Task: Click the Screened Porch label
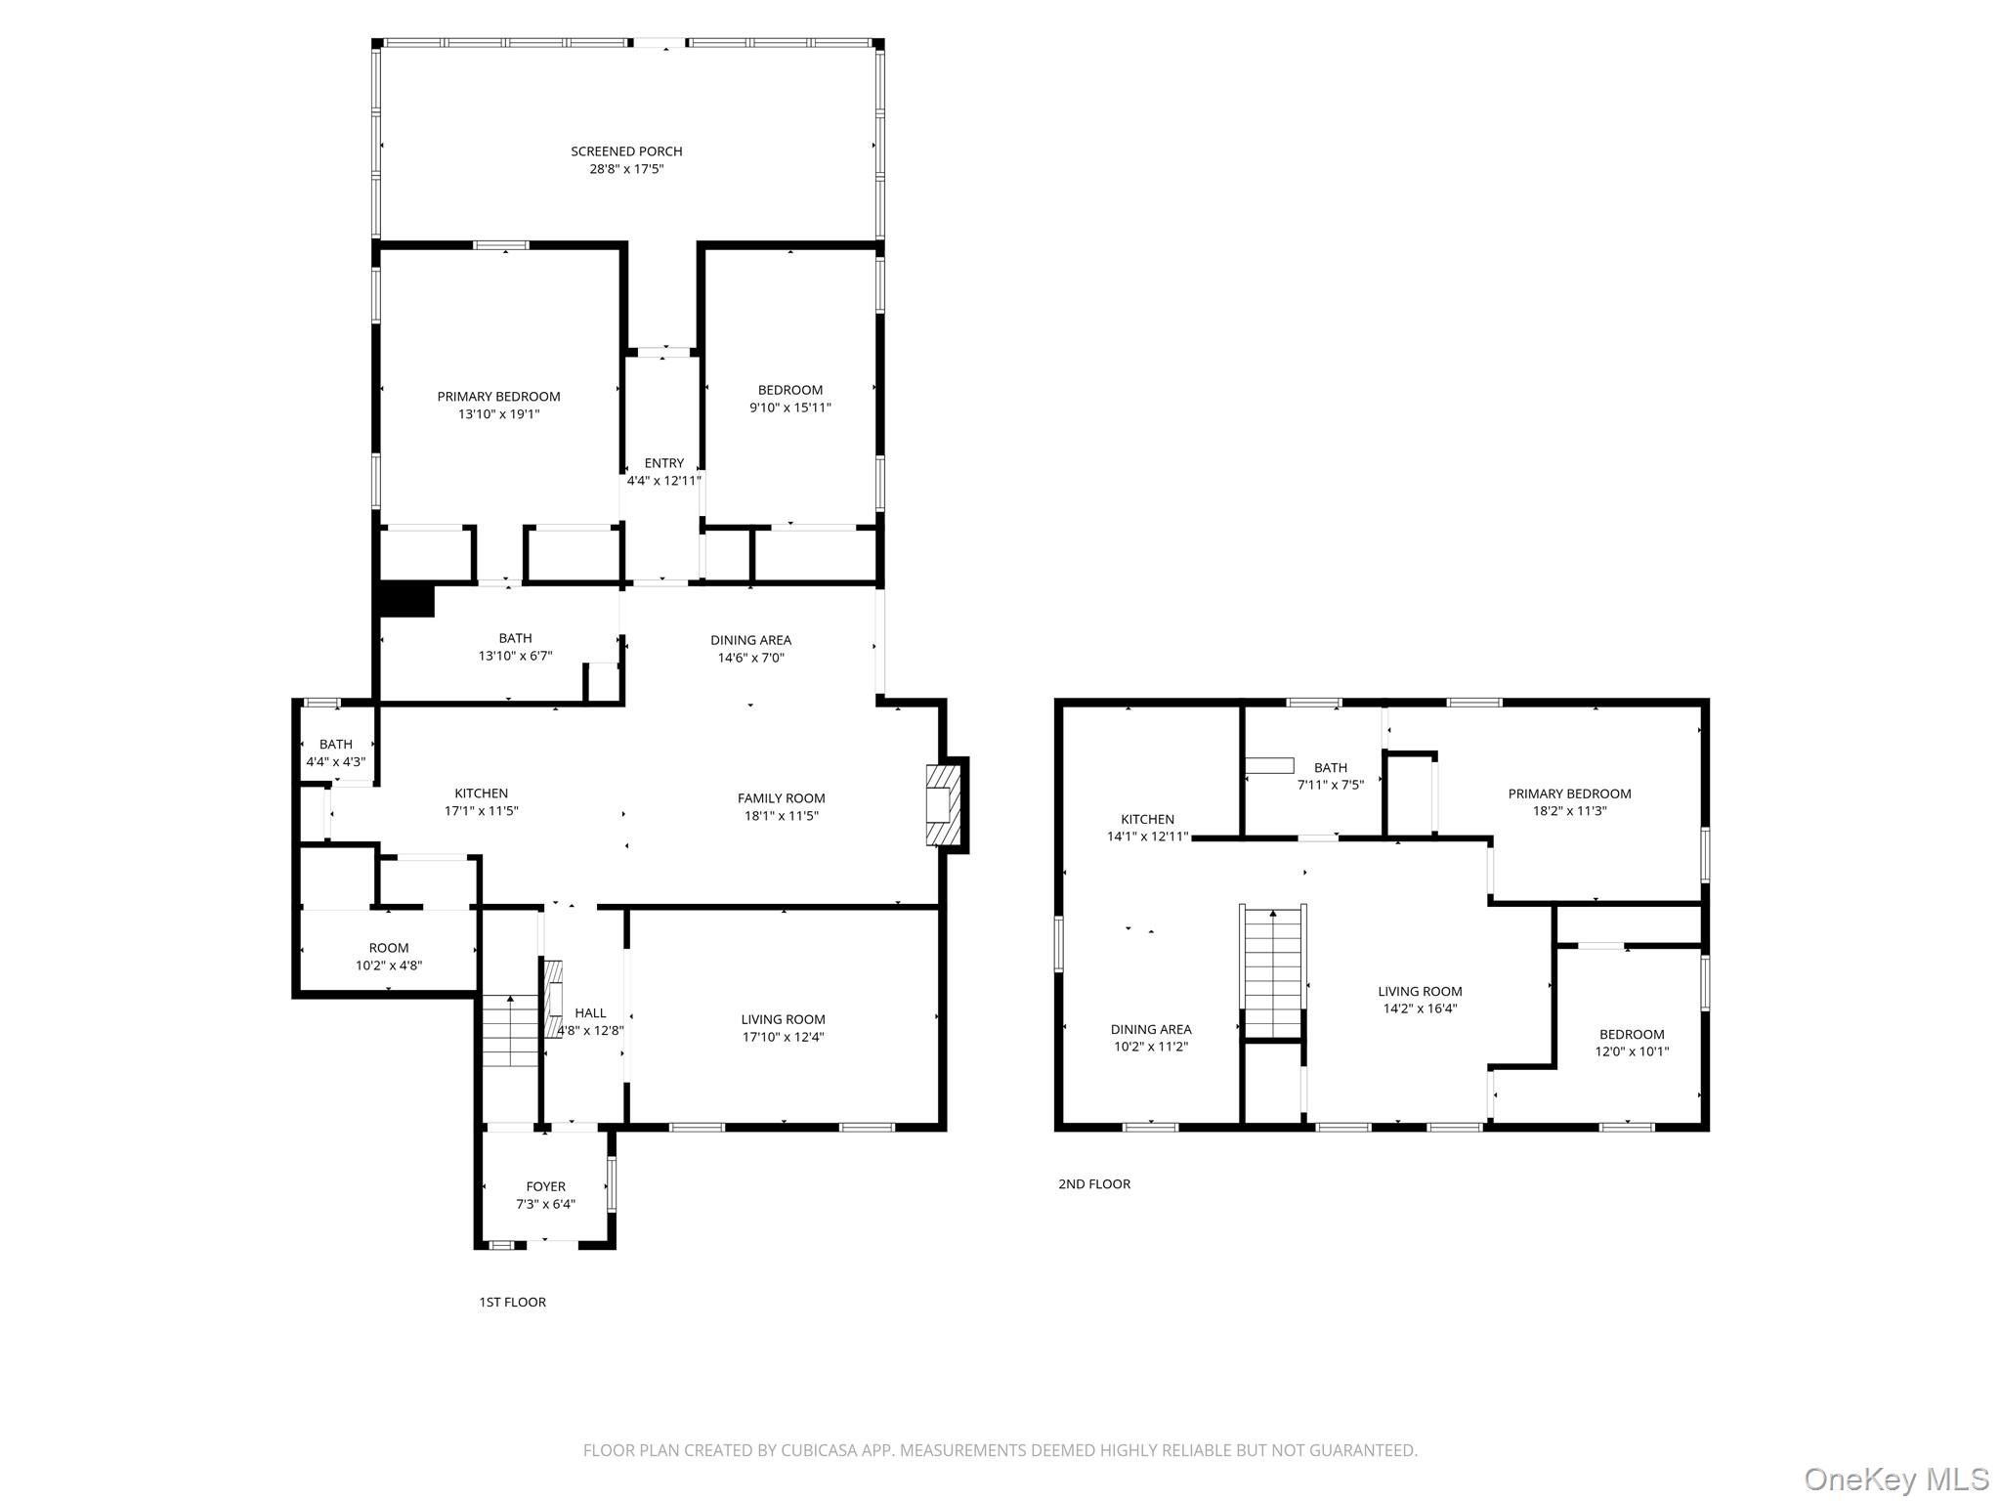pyautogui.click(x=626, y=151)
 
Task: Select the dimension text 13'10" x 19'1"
pyautogui.click(x=498, y=414)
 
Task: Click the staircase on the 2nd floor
pyautogui.click(x=1272, y=971)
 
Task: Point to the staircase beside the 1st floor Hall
pyautogui.click(x=510, y=1032)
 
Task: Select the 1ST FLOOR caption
pyautogui.click(x=512, y=1302)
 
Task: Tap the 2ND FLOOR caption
pyautogui.click(x=1093, y=1183)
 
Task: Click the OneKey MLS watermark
pyautogui.click(x=1895, y=1479)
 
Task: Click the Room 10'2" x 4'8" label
pyautogui.click(x=388, y=957)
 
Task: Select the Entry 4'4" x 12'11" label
pyautogui.click(x=663, y=472)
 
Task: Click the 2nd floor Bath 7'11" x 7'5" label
pyautogui.click(x=1330, y=776)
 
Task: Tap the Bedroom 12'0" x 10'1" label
pyautogui.click(x=1631, y=1043)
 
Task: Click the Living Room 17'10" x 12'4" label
pyautogui.click(x=783, y=1028)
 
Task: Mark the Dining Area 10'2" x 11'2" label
pyautogui.click(x=1150, y=1038)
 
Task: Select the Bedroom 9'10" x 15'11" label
pyautogui.click(x=789, y=399)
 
